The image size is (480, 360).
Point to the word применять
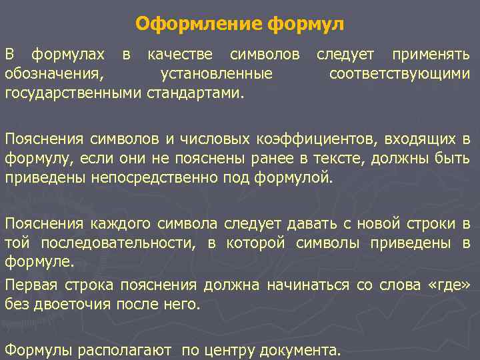(430, 54)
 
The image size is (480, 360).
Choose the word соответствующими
(399, 73)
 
